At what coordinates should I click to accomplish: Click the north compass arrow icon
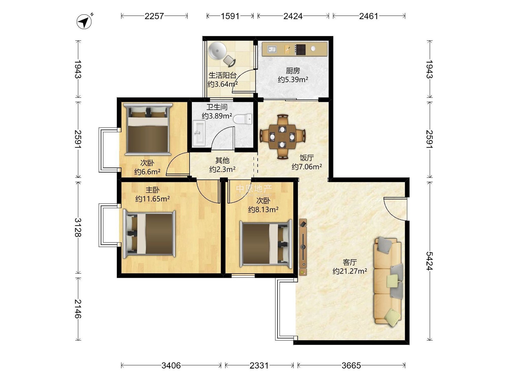pyautogui.click(x=84, y=22)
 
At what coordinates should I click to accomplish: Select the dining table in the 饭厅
pyautogui.click(x=282, y=137)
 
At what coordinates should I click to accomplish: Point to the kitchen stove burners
pyautogui.click(x=300, y=50)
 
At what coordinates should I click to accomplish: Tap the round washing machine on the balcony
pyautogui.click(x=217, y=51)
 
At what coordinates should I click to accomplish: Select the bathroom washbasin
pyautogui.click(x=199, y=133)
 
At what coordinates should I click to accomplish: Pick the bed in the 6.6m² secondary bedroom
pyautogui.click(x=148, y=129)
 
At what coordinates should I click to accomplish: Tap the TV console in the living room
pyautogui.click(x=303, y=247)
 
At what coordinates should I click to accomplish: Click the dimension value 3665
pyautogui.click(x=351, y=366)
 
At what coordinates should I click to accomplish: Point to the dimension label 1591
pyautogui.click(x=230, y=16)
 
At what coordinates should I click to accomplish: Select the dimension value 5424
pyautogui.click(x=430, y=261)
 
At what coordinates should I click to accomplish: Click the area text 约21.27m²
pyautogui.click(x=350, y=271)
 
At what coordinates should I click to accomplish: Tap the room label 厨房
pyautogui.click(x=293, y=70)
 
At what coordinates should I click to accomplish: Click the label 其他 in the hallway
pyautogui.click(x=222, y=160)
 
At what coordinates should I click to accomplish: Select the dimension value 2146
pyautogui.click(x=78, y=309)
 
